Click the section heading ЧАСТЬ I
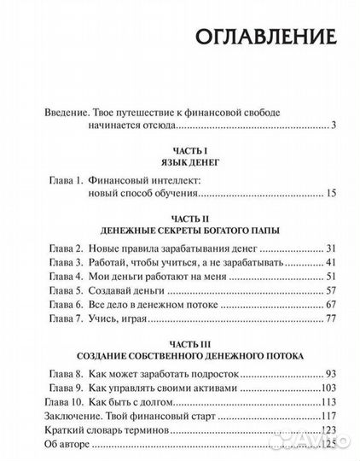[180, 149]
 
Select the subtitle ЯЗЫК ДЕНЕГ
[180, 162]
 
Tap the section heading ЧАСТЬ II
[180, 217]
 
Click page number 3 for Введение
[335, 125]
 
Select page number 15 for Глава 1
[332, 195]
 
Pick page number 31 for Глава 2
[332, 248]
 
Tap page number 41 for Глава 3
[332, 262]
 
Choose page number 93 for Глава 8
[332, 373]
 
